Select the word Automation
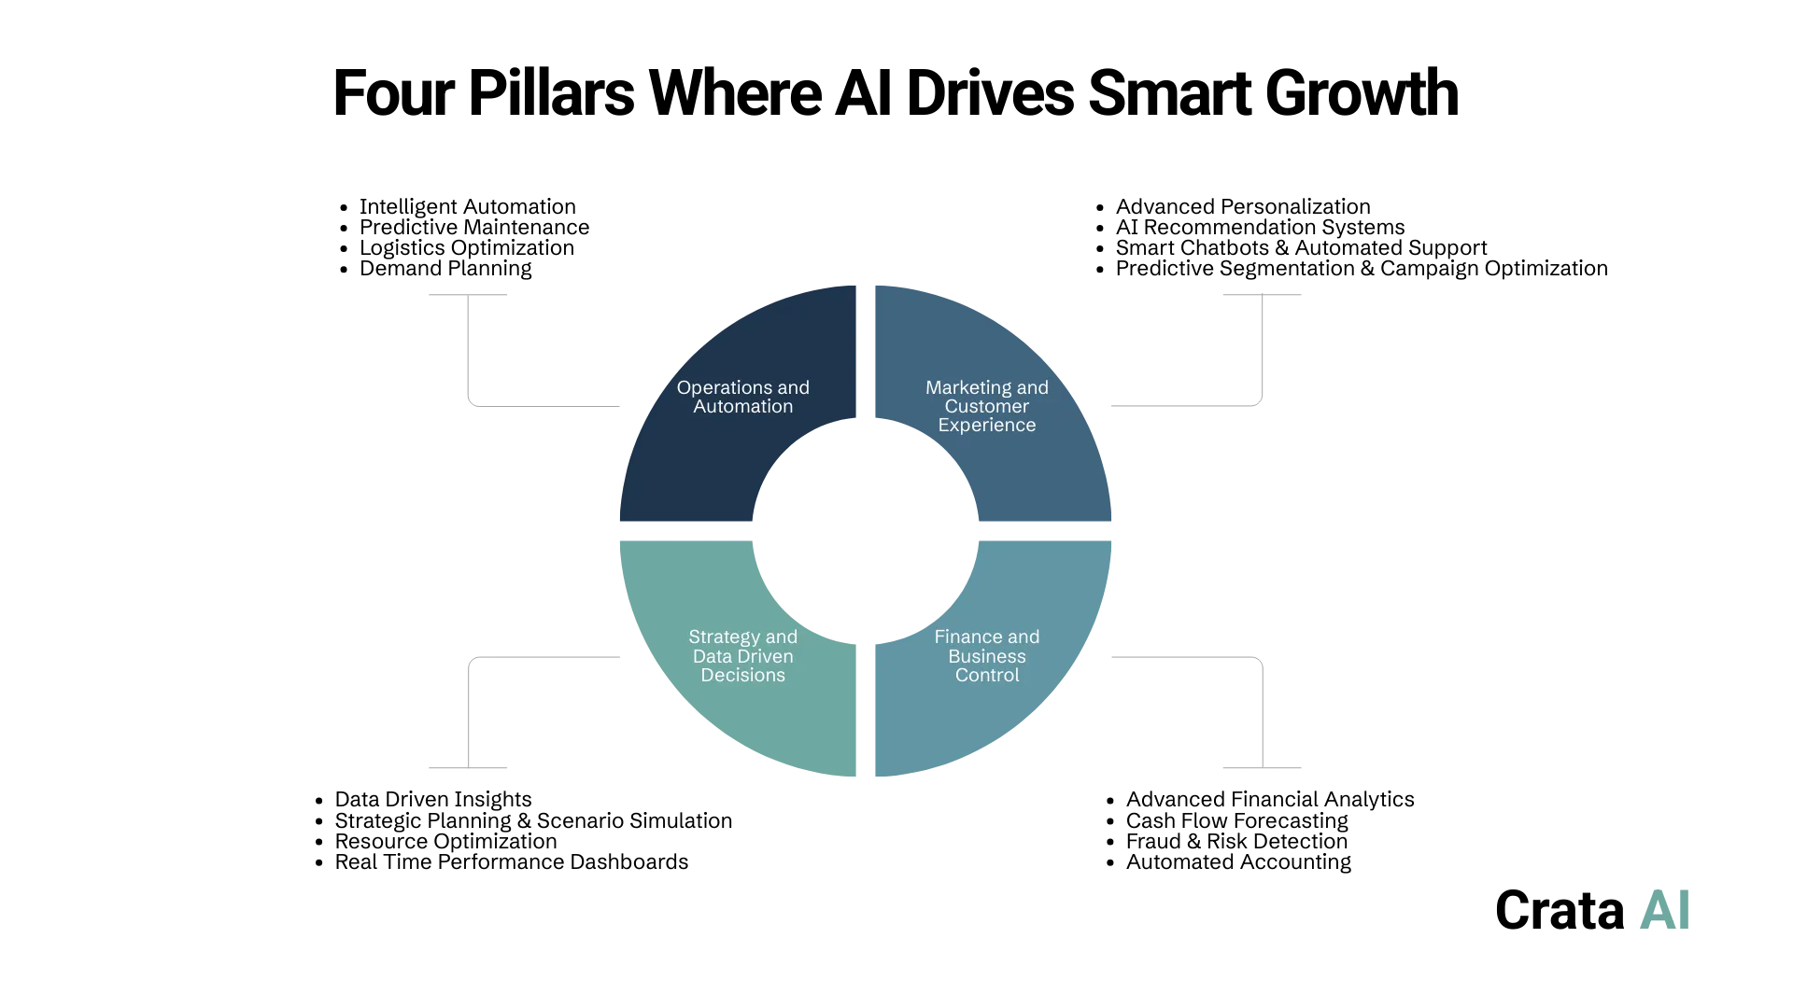tap(743, 407)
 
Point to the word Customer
tap(987, 407)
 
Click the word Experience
tap(987, 426)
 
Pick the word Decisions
tap(743, 676)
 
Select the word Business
tap(987, 656)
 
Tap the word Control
tap(987, 676)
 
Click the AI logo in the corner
tap(1663, 911)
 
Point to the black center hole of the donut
tap(864, 530)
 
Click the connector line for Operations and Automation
tap(542, 407)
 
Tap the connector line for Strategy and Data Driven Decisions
tap(542, 658)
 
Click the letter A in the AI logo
tap(1656, 911)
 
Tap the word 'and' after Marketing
tap(1032, 388)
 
